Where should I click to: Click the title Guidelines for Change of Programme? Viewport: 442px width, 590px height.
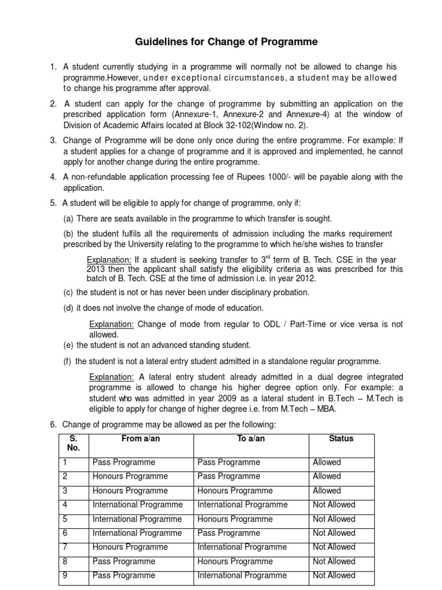pyautogui.click(x=226, y=42)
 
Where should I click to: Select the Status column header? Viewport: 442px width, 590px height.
pyautogui.click(x=341, y=439)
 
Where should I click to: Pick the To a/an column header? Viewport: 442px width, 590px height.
pyautogui.click(x=251, y=439)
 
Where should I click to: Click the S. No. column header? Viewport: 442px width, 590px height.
pyautogui.click(x=73, y=443)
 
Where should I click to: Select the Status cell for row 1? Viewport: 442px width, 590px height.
pyautogui.click(x=327, y=463)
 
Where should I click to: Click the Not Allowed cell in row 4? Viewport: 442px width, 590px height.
pyautogui.click(x=334, y=505)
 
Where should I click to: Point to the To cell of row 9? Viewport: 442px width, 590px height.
pyautogui.click(x=242, y=576)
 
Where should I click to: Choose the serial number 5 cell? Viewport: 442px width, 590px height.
pyautogui.click(x=65, y=519)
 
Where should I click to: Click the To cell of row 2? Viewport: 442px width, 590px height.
pyautogui.click(x=228, y=476)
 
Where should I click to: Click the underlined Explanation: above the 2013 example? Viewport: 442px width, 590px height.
pyautogui.click(x=109, y=260)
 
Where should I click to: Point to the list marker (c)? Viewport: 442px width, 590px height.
pyautogui.click(x=68, y=293)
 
